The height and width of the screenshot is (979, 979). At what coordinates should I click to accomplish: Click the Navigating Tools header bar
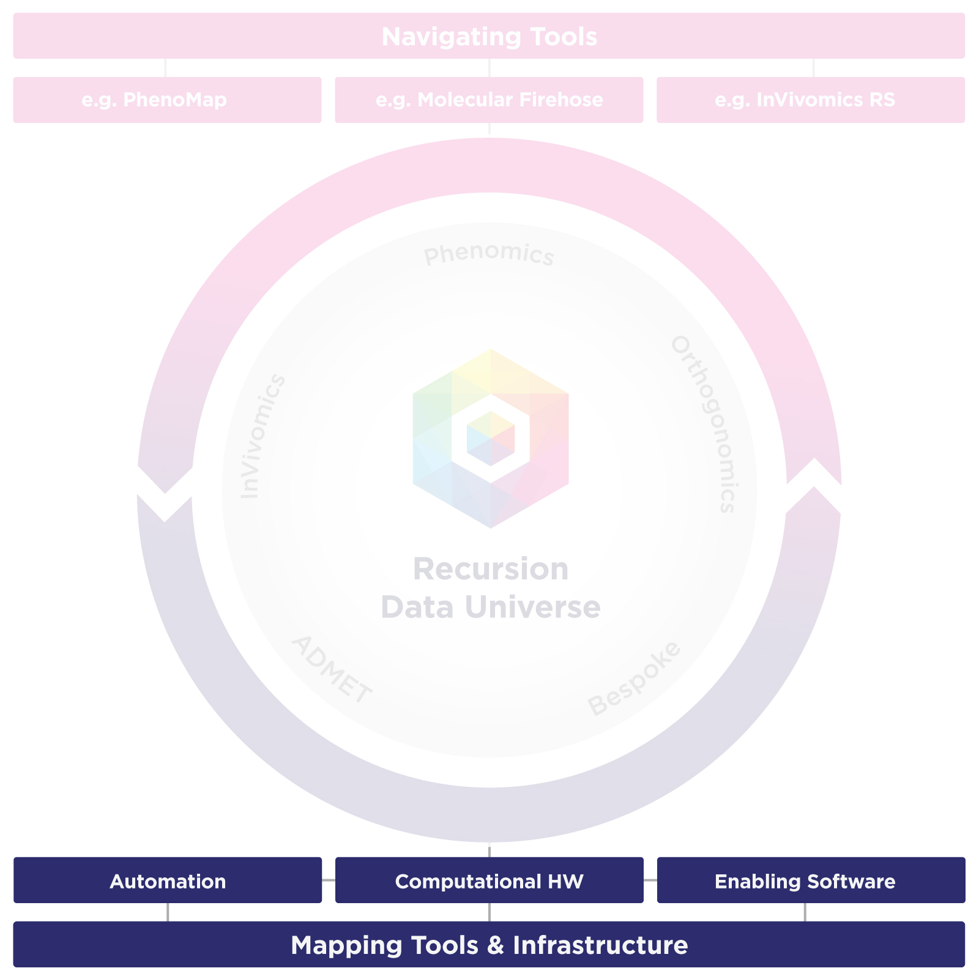pos(489,36)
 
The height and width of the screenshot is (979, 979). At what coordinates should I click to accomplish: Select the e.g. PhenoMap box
pos(167,100)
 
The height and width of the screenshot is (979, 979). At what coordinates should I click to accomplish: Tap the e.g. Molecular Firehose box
pos(489,100)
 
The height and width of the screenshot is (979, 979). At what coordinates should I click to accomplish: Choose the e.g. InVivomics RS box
pos(810,100)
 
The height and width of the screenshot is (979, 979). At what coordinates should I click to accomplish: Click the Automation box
pos(167,880)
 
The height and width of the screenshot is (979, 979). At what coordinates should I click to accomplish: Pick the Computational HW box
pos(489,880)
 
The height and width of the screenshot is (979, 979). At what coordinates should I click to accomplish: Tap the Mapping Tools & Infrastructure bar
pos(489,945)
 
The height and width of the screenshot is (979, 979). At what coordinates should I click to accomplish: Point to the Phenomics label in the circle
pos(489,255)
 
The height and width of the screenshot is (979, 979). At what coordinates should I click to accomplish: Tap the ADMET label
pos(331,670)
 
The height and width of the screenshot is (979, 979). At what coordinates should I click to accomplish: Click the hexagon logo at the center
pos(491,438)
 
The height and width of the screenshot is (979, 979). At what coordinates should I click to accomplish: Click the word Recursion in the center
pos(491,569)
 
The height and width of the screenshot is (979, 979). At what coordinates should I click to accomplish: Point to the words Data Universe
pos(491,608)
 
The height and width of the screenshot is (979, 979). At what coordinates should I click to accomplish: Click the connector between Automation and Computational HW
pos(329,880)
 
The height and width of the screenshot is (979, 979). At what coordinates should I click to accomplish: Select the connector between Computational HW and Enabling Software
pos(650,880)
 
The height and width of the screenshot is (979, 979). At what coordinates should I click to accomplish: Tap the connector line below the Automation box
pos(168,912)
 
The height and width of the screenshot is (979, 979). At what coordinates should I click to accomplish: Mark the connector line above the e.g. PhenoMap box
pos(165,68)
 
